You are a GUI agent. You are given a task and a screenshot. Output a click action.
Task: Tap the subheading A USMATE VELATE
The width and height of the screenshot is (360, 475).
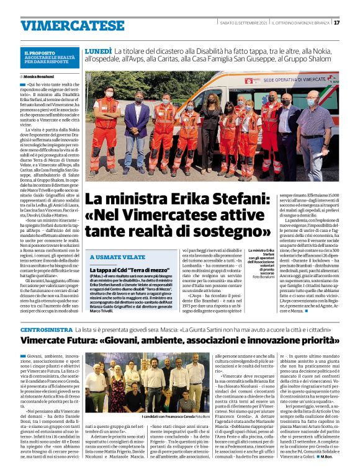click(x=115, y=257)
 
